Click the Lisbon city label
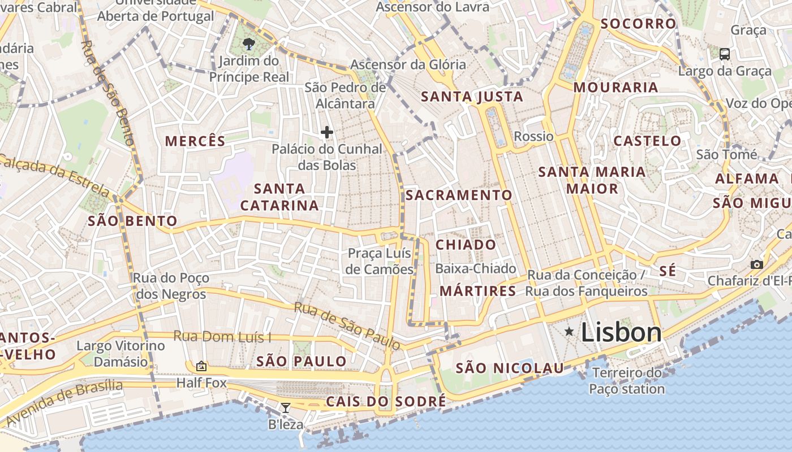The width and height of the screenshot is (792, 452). (x=621, y=332)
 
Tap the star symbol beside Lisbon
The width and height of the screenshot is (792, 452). (x=569, y=332)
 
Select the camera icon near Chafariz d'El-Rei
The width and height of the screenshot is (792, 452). (x=756, y=264)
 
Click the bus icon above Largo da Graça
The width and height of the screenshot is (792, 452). (x=724, y=54)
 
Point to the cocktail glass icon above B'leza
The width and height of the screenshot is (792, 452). (x=286, y=407)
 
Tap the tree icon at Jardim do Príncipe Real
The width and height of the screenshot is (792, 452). (x=248, y=44)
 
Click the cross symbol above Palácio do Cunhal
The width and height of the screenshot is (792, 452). (x=326, y=133)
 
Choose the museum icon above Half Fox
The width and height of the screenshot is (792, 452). (x=201, y=366)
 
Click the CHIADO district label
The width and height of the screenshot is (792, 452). (x=466, y=245)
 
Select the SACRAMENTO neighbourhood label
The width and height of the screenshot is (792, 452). (x=459, y=195)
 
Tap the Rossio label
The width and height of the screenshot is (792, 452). (x=533, y=136)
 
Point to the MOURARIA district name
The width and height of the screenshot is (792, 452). (x=615, y=87)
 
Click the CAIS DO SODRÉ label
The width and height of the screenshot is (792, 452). (x=386, y=402)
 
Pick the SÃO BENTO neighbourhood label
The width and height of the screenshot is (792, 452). (x=132, y=221)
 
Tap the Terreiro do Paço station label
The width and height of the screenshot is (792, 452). (x=627, y=381)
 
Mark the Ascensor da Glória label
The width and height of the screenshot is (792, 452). (x=408, y=64)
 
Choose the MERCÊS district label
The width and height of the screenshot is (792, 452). (x=195, y=141)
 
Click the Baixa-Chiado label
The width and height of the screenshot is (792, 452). (x=476, y=268)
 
